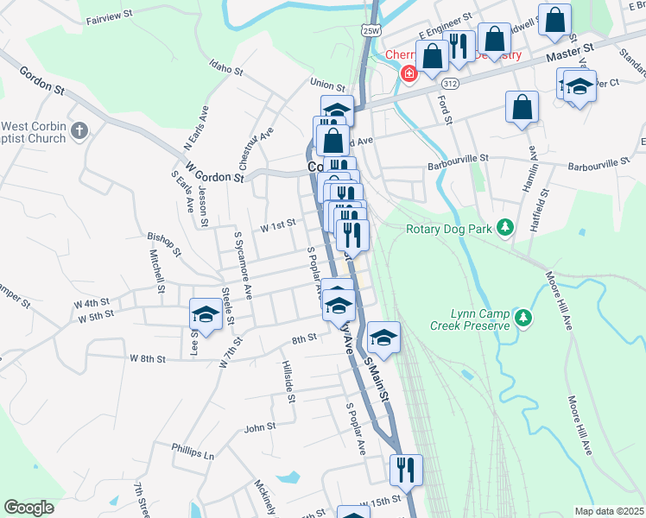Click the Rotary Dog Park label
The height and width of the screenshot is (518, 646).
coord(447,229)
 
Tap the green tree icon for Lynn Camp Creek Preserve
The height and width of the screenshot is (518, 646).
coord(523,319)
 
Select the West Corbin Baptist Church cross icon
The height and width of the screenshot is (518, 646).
coord(79,131)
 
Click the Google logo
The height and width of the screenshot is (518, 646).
coord(28,508)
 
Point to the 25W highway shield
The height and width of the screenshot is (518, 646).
coord(370,31)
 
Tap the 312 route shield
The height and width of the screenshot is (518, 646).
coord(449,85)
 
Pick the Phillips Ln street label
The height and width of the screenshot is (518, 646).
coord(192,452)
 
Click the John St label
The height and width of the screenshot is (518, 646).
coord(259,426)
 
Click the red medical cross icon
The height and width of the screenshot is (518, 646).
coord(405,73)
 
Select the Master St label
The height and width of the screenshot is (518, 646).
coord(571,55)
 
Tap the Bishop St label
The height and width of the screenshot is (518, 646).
coord(163,243)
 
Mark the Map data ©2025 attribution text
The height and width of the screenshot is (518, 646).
coord(609,511)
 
